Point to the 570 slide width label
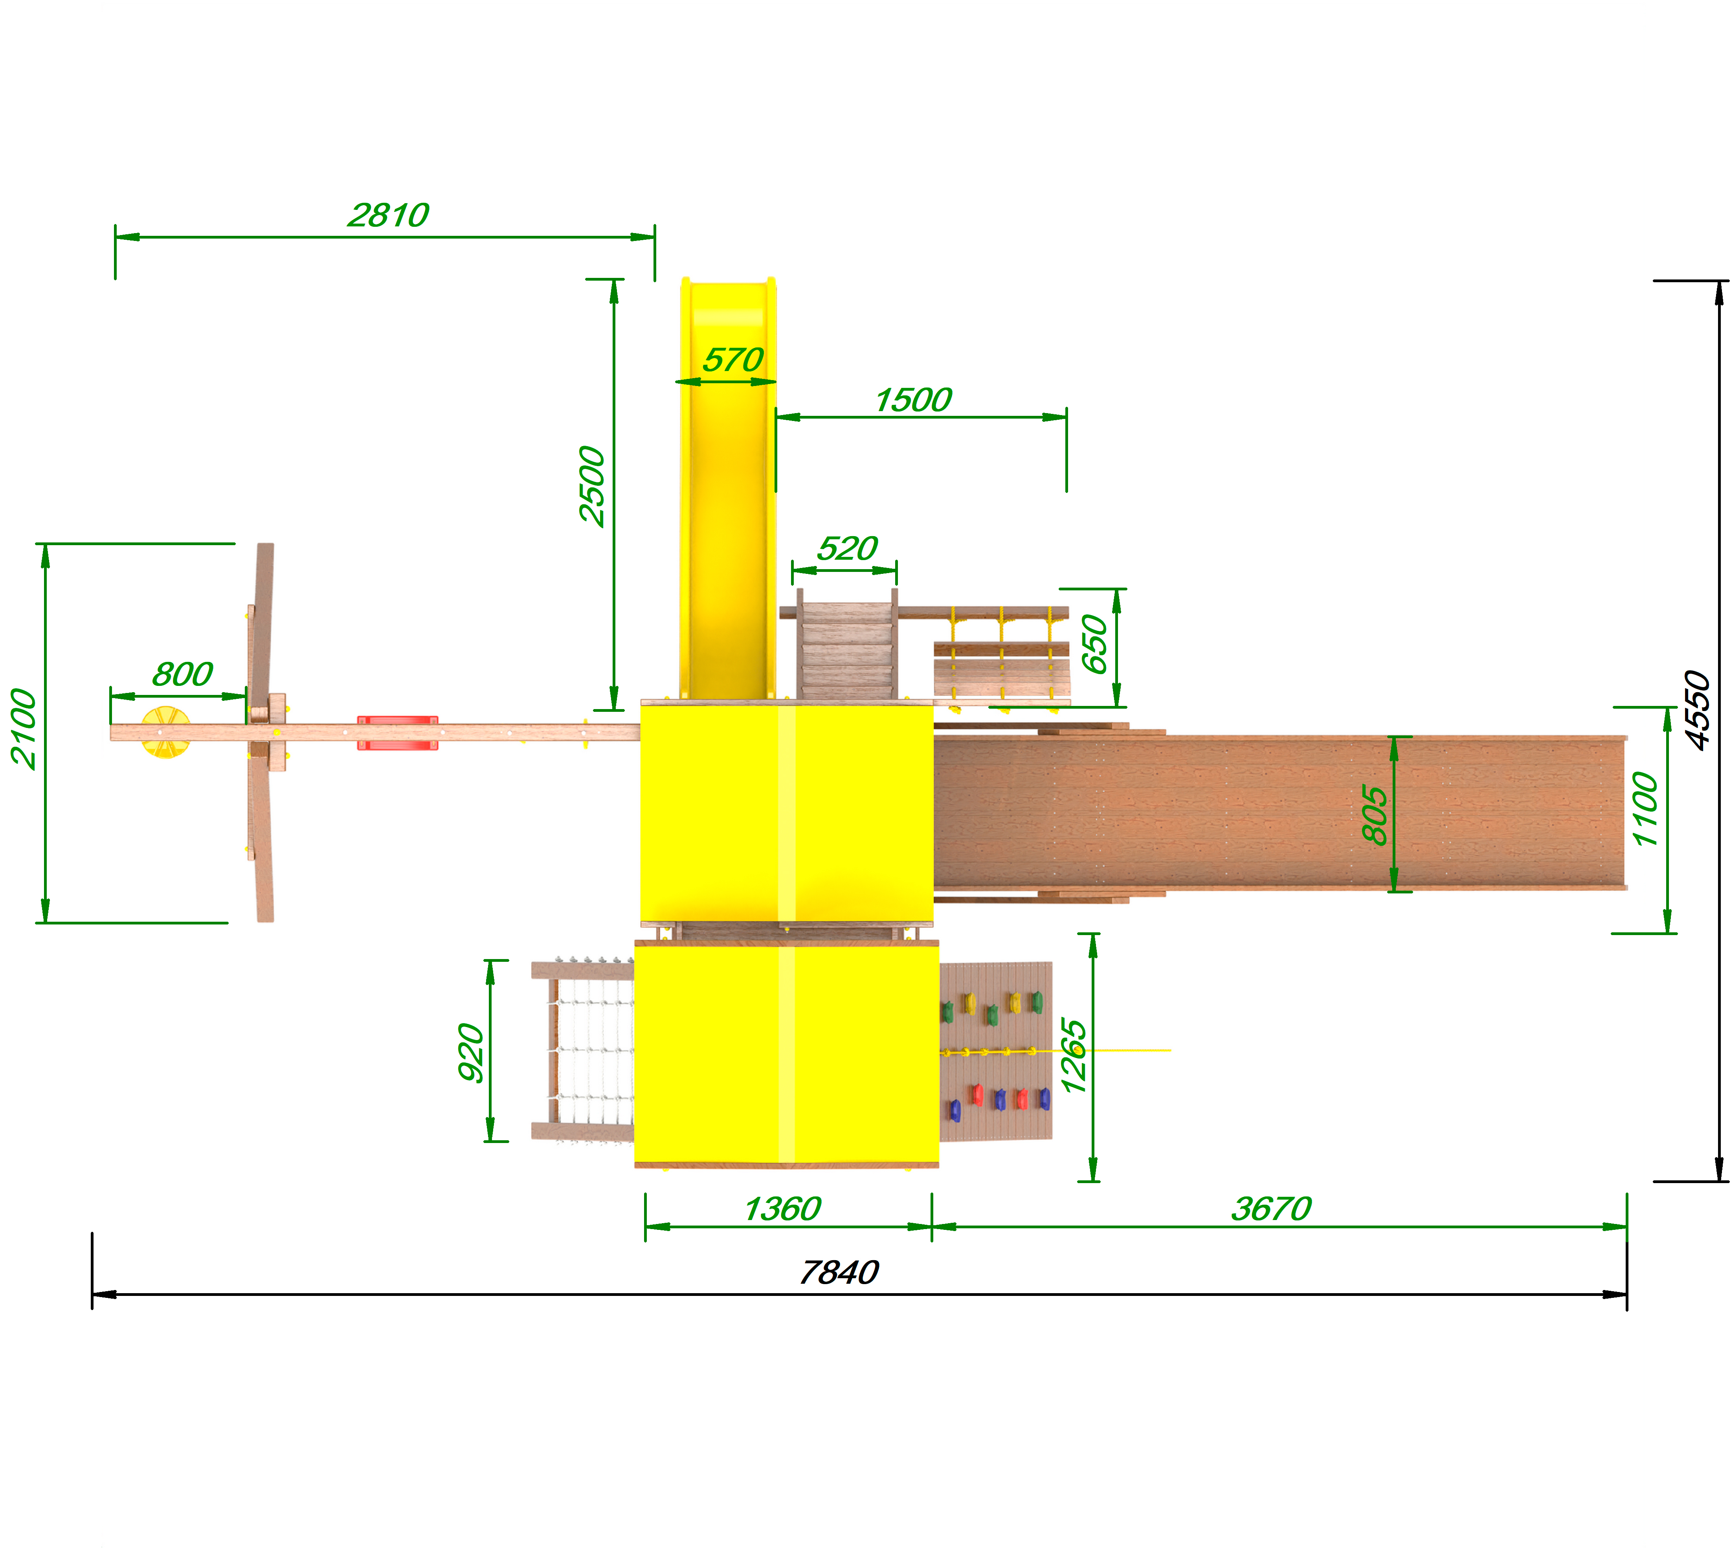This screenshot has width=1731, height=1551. (732, 360)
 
